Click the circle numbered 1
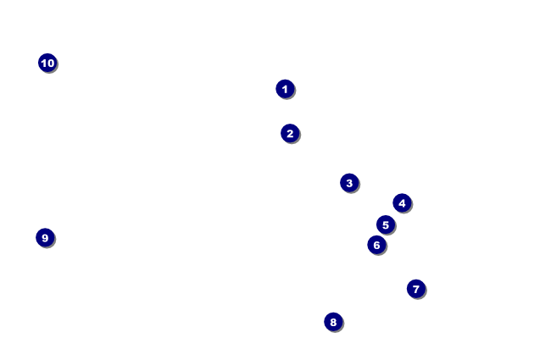285,89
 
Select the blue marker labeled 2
290,133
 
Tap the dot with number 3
349,183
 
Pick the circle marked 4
402,203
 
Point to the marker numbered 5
386,225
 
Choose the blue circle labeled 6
377,245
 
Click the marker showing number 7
415,289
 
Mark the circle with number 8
333,322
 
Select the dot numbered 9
45,238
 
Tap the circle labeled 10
47,63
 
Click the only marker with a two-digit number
47,63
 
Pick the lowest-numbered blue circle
285,89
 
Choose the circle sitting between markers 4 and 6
386,225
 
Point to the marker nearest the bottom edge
333,322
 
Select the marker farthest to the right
415,289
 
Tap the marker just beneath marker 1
290,133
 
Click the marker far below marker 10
45,238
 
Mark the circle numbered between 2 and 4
349,183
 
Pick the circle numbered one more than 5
377,245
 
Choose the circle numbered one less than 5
402,203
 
